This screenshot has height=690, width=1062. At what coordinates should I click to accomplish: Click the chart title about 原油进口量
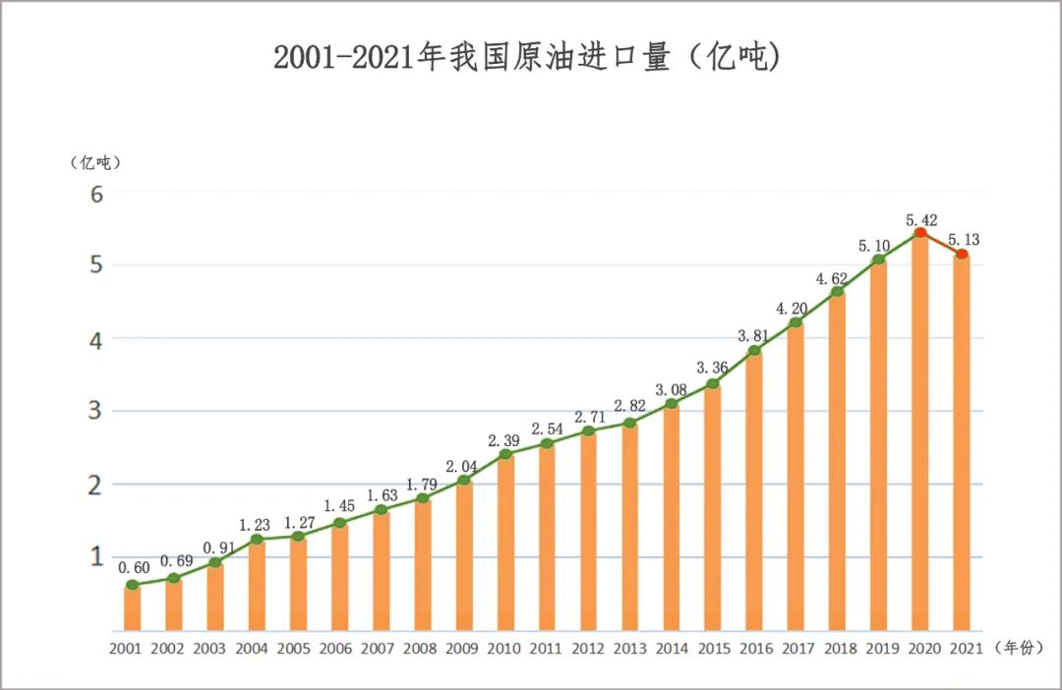click(x=527, y=58)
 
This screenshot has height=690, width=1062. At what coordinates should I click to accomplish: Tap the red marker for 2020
click(x=920, y=233)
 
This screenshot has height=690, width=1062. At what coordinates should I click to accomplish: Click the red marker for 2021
click(x=962, y=255)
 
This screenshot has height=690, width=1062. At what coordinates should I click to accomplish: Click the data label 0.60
click(x=133, y=567)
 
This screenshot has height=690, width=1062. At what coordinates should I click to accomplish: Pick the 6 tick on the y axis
click(x=96, y=194)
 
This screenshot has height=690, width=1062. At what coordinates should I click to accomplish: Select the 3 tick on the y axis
click(x=96, y=411)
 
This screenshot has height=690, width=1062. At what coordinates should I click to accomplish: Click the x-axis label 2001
click(x=126, y=650)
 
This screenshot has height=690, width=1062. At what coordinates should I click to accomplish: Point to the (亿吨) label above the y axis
click(x=95, y=162)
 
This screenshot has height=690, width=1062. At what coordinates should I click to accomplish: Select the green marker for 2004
click(x=257, y=540)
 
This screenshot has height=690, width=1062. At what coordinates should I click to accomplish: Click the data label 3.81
click(x=754, y=336)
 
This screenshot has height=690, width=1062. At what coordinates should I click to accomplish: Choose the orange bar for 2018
click(x=837, y=462)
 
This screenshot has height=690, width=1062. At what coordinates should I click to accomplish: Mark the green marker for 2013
click(x=629, y=424)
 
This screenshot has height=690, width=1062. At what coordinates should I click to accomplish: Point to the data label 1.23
click(x=254, y=525)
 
